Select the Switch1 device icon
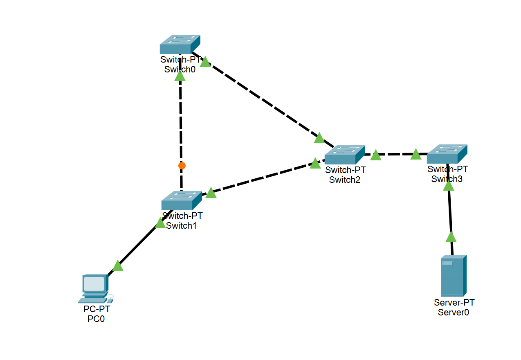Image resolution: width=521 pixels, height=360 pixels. (182, 200)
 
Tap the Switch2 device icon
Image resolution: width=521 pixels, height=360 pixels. (344, 155)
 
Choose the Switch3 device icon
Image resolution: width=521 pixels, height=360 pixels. (447, 154)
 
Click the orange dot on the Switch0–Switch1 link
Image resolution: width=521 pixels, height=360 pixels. (182, 166)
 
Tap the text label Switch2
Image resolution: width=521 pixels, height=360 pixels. (345, 180)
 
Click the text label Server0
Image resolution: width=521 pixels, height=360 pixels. (454, 313)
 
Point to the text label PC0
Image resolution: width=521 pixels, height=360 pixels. (97, 319)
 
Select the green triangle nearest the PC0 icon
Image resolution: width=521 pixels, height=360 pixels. (118, 266)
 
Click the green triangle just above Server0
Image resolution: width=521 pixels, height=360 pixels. (451, 237)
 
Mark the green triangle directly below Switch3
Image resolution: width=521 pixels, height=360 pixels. (449, 186)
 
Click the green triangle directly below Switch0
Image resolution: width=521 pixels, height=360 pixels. (180, 76)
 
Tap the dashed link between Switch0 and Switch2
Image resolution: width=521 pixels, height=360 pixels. (262, 100)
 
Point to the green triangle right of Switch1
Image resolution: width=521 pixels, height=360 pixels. (211, 193)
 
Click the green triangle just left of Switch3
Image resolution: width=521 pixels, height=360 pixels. (415, 154)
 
